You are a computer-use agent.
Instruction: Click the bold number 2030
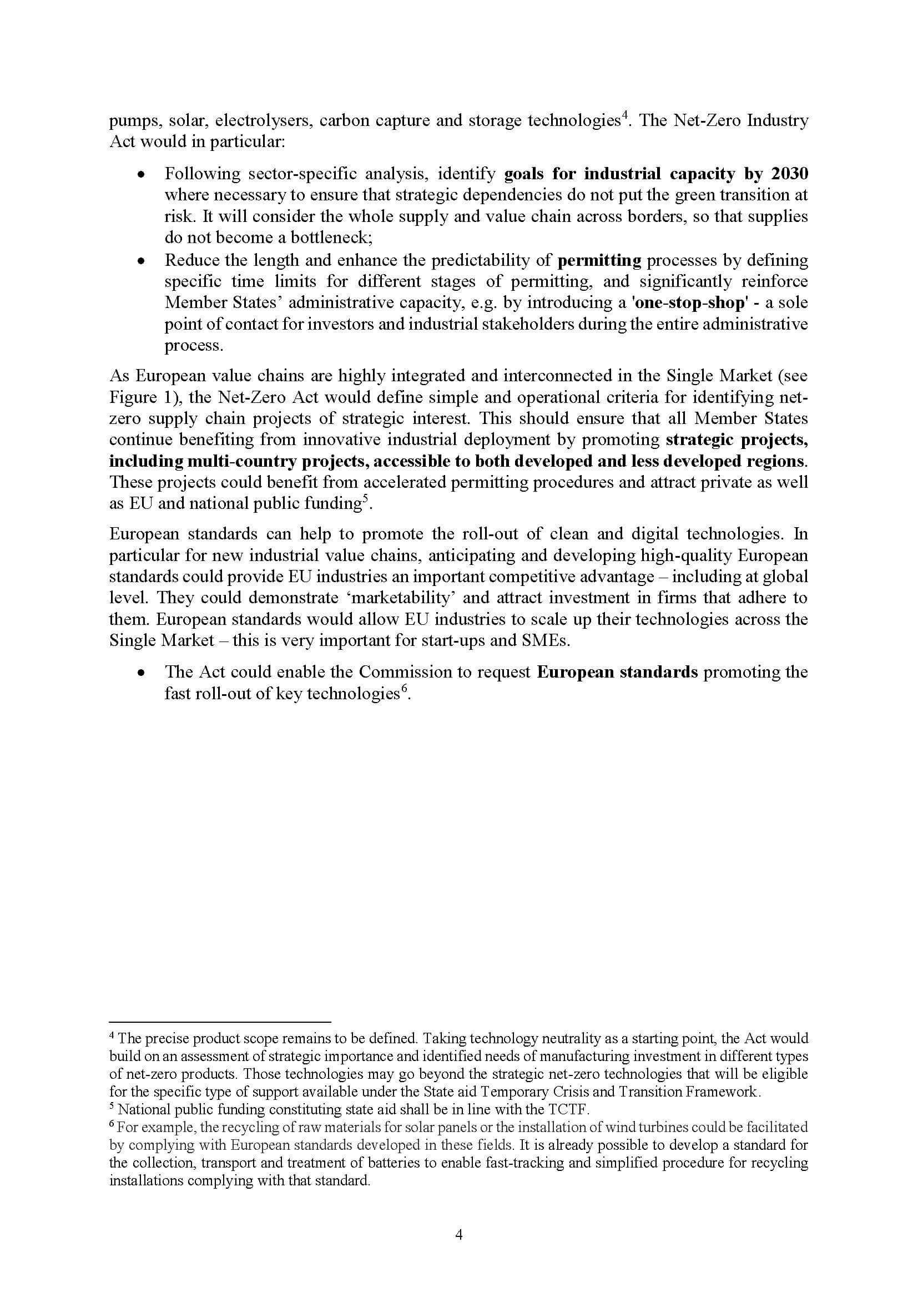pyautogui.click(x=790, y=174)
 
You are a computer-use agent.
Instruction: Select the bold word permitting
pyautogui.click(x=599, y=261)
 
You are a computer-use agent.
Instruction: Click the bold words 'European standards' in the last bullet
pyautogui.click(x=617, y=672)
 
